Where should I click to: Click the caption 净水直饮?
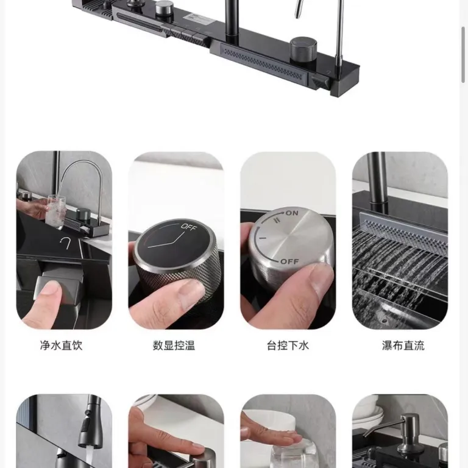coord(61,346)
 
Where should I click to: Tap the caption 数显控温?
coord(174,346)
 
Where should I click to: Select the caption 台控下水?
coord(288,346)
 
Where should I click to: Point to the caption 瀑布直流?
coord(403,346)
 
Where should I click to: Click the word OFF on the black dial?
coord(189,227)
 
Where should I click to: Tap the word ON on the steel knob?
coord(292,213)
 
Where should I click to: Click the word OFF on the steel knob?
coord(289,262)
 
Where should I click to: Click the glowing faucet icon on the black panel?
coord(65,243)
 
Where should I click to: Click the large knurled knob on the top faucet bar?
coord(303,49)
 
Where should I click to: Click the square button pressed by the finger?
coord(59,289)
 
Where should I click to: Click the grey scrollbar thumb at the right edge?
coord(463,54)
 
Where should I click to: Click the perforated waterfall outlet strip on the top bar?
coord(263,63)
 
